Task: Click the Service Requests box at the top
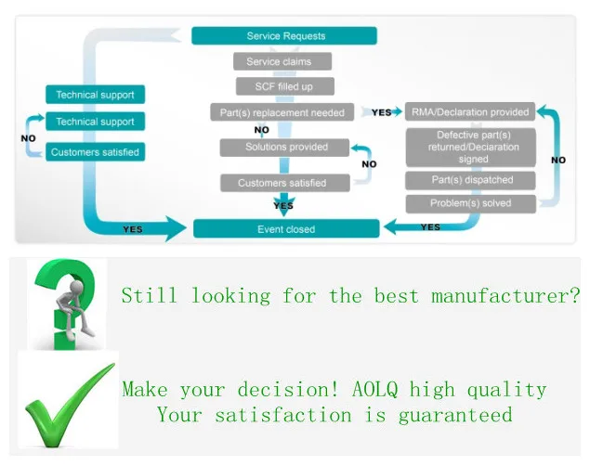[285, 36]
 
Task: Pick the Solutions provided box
[286, 147]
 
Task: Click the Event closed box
[285, 229]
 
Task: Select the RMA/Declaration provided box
[469, 112]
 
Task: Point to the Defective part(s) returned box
[471, 147]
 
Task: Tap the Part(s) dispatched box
[471, 179]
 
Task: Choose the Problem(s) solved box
[471, 203]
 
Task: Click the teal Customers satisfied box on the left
[95, 151]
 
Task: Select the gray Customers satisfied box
[282, 183]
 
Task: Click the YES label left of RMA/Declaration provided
[381, 112]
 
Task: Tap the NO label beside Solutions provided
[369, 164]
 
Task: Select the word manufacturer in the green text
[505, 296]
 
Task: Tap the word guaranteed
[455, 415]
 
